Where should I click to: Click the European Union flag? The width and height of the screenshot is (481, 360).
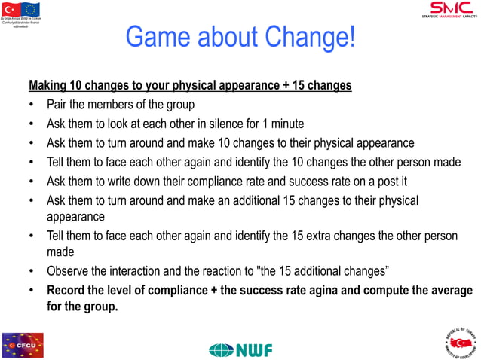pyautogui.click(x=31, y=9)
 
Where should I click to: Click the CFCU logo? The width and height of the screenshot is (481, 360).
pyautogui.click(x=23, y=345)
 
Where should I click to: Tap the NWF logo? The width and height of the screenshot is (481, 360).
pyautogui.click(x=240, y=349)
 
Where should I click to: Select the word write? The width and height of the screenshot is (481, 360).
pyautogui.click(x=137, y=181)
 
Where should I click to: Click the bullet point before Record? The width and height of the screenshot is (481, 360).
pyautogui.click(x=32, y=290)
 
